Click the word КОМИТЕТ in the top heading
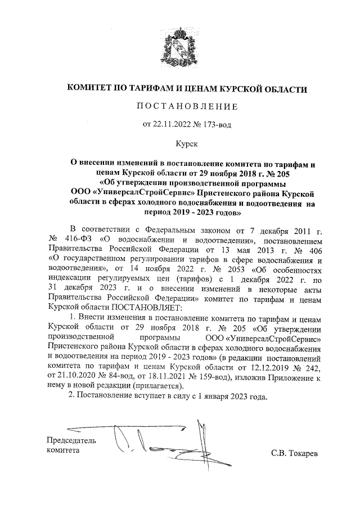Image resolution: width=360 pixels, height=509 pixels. (92, 89)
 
